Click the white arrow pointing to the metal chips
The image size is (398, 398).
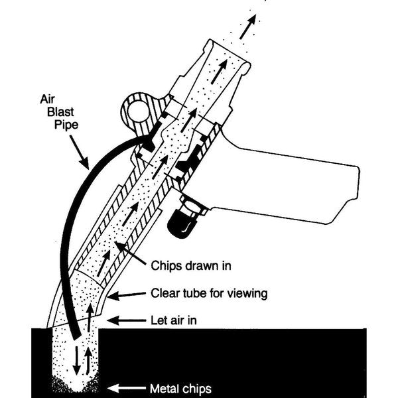click(x=129, y=388)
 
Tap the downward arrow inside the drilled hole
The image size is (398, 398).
click(x=78, y=358)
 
